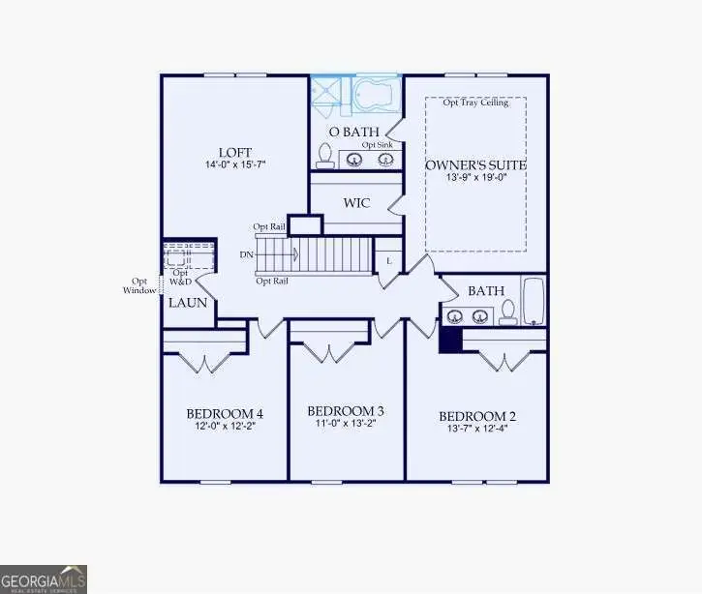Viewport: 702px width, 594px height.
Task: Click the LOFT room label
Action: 234,152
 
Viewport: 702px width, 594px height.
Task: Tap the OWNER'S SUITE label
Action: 475,165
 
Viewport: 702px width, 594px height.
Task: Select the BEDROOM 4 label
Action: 225,413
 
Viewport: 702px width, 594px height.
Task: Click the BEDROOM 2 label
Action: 476,417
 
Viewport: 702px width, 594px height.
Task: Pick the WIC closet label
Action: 357,204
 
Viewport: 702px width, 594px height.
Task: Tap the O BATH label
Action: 348,133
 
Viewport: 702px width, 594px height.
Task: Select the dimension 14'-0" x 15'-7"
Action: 234,165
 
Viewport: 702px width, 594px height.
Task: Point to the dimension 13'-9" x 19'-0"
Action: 475,179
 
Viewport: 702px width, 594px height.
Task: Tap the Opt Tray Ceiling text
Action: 475,104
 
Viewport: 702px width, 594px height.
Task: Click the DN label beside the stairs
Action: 247,254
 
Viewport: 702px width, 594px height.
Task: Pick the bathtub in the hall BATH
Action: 534,301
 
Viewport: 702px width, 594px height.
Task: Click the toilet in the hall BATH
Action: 507,311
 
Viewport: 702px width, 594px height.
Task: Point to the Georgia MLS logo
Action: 44,579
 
